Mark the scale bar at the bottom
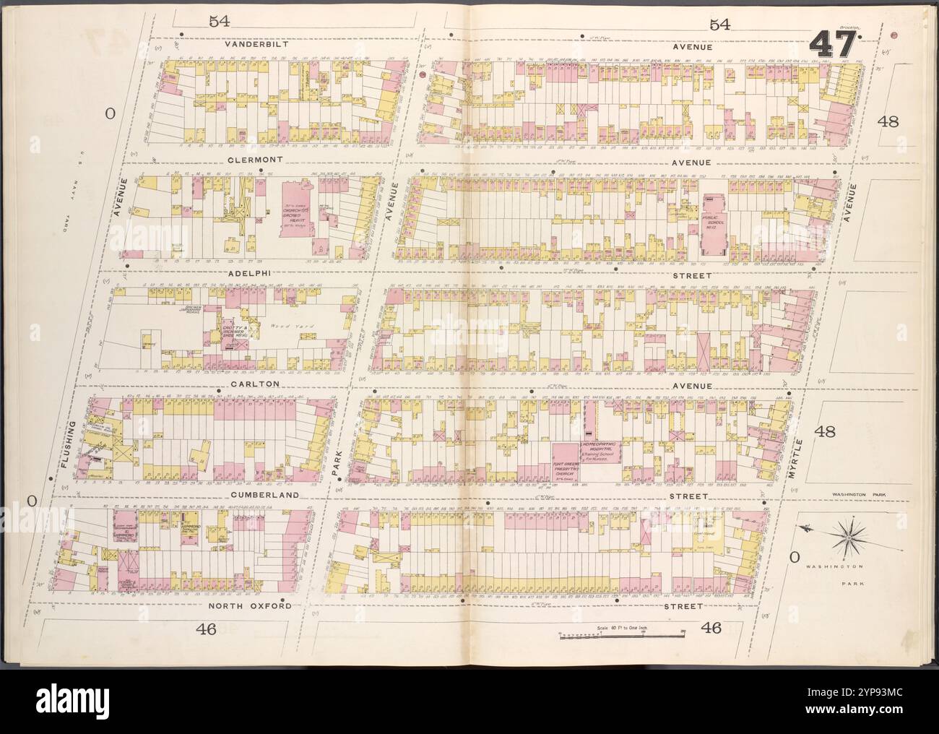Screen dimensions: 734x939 point(622,636)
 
